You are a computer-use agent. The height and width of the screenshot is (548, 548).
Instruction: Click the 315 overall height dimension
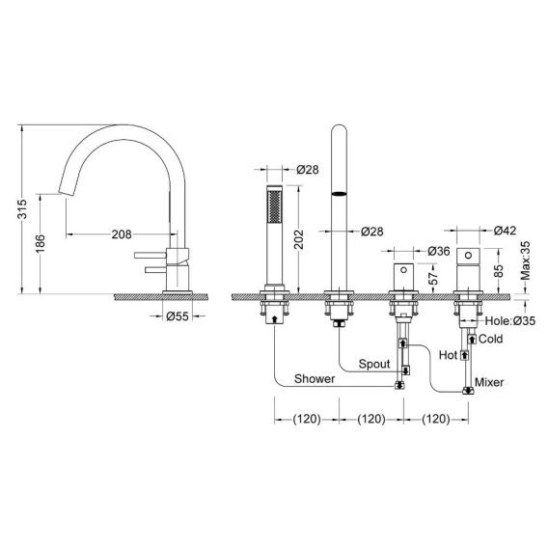click(22, 208)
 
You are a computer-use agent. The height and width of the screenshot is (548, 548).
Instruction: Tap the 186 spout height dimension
click(41, 243)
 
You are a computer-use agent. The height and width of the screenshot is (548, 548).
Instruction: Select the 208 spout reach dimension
click(122, 234)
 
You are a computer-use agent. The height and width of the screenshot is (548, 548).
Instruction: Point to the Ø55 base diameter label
click(178, 316)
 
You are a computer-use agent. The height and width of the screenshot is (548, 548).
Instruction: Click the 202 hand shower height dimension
click(299, 239)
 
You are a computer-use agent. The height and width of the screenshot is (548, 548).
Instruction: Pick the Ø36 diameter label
click(439, 251)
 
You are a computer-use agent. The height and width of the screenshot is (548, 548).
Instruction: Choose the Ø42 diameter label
click(505, 231)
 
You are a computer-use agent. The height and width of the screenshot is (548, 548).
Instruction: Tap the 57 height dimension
click(433, 278)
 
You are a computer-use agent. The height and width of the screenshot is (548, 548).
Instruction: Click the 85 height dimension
click(500, 270)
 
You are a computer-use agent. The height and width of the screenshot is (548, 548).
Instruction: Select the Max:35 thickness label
click(526, 260)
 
